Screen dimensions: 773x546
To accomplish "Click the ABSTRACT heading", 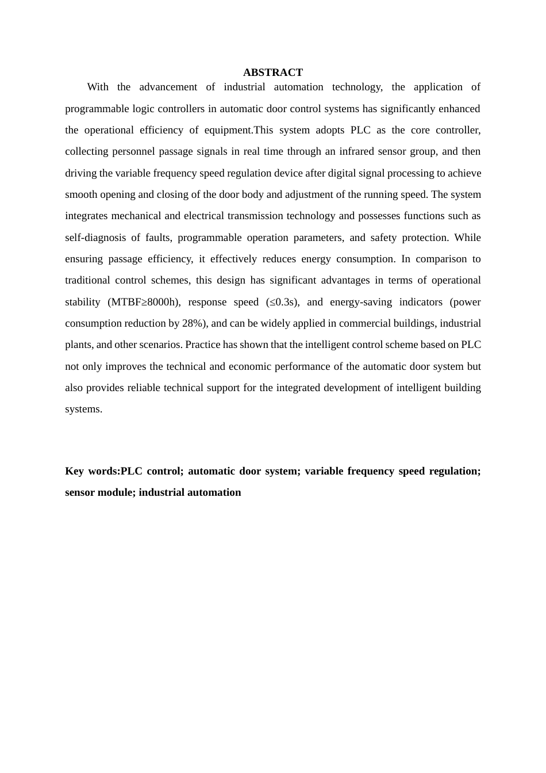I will click(x=272, y=72).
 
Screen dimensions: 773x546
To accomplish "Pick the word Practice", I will click(x=203, y=345).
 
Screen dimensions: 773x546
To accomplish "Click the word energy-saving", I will click(x=361, y=303).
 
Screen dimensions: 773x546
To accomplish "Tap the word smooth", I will click(x=81, y=195).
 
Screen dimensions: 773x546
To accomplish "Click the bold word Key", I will click(x=74, y=472).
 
